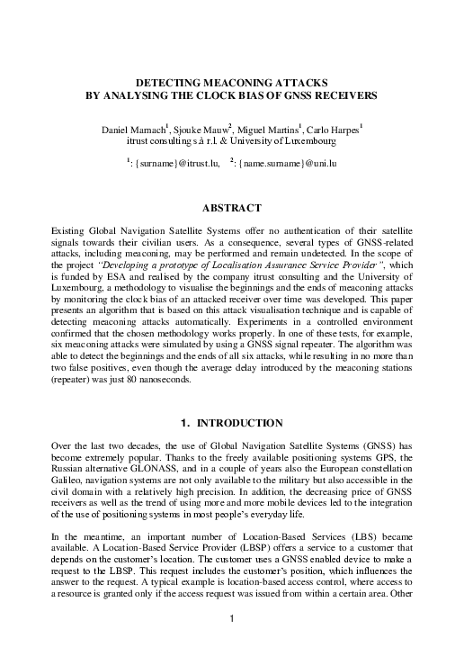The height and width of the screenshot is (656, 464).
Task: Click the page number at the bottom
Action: pos(232,643)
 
